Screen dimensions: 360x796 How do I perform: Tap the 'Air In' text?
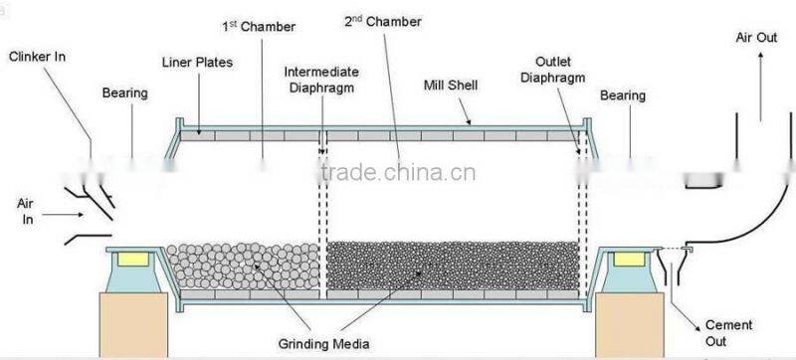[x=26, y=210]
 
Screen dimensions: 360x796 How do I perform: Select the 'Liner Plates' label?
[x=197, y=62]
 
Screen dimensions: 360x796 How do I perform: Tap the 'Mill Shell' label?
[x=452, y=86]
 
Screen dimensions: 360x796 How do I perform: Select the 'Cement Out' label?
[x=726, y=333]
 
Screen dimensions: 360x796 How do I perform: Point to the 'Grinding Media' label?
[x=324, y=345]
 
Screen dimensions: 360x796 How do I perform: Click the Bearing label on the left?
[x=125, y=93]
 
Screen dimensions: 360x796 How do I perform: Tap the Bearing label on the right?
[x=624, y=95]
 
